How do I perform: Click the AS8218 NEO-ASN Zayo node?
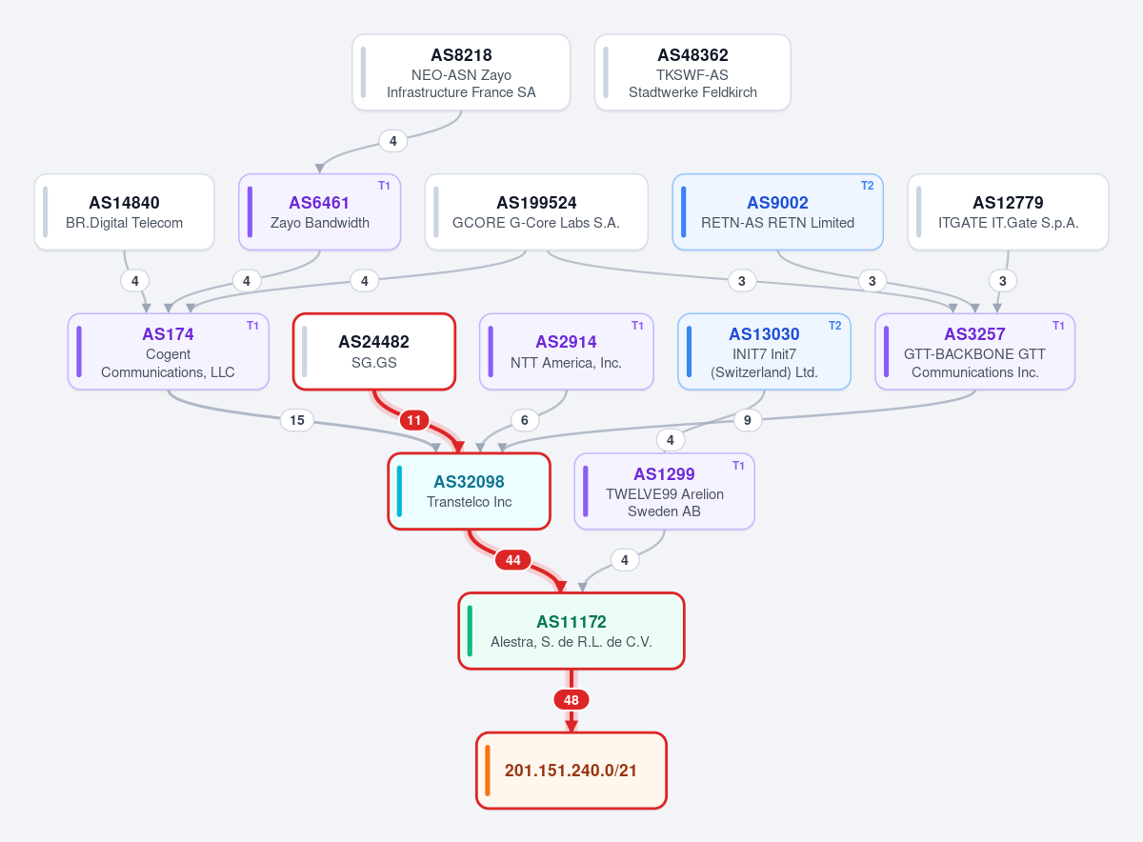point(461,72)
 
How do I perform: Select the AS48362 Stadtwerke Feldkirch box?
point(692,72)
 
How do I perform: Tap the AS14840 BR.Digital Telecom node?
point(124,211)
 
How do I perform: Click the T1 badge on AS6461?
point(384,186)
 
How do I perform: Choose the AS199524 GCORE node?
point(536,211)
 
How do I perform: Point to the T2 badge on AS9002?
point(867,186)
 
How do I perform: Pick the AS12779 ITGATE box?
point(1008,211)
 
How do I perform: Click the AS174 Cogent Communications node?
point(169,351)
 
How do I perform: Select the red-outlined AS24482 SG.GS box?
point(374,351)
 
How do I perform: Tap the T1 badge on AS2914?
point(637,326)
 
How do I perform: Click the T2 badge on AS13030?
point(834,326)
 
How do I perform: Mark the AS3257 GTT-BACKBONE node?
point(974,351)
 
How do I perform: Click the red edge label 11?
point(413,420)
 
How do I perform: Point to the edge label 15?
point(297,420)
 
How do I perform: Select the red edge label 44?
point(512,560)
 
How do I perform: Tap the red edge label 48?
point(571,700)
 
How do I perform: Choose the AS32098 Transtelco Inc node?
point(469,491)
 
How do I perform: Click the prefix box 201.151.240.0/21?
point(571,771)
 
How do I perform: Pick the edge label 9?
point(747,420)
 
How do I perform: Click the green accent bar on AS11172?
point(470,631)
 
